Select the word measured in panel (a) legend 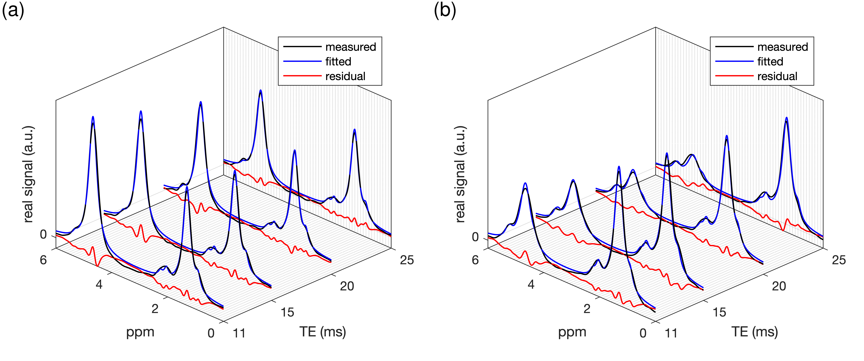point(351,47)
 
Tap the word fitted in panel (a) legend point(338,62)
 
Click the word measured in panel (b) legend point(783,47)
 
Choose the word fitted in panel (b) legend point(770,62)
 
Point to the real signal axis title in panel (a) point(29,175)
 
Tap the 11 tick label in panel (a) point(239,333)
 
